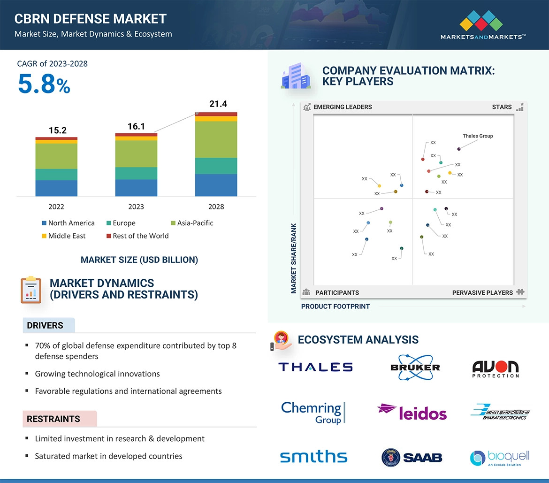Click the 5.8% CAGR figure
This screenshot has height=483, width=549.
pyautogui.click(x=44, y=85)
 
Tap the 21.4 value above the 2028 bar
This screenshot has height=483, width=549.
pyautogui.click(x=218, y=104)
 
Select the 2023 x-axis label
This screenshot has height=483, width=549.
pyautogui.click(x=136, y=207)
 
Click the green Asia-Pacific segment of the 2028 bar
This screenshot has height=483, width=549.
pyautogui.click(x=216, y=139)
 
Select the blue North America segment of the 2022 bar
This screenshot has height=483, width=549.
pyautogui.click(x=56, y=188)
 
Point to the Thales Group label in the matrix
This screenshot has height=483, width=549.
pyautogui.click(x=478, y=136)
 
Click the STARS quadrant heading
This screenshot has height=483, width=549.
pyautogui.click(x=502, y=107)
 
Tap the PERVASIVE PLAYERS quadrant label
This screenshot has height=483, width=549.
pyautogui.click(x=482, y=292)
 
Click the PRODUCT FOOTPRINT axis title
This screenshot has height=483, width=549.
pyautogui.click(x=335, y=307)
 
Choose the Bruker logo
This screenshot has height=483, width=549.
pyautogui.click(x=415, y=367)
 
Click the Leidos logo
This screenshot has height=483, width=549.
pyautogui.click(x=412, y=412)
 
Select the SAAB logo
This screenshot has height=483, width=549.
pyautogui.click(x=412, y=457)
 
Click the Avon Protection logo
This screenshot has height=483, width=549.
pyautogui.click(x=496, y=368)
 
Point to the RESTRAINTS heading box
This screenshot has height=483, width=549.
pyautogui.click(x=60, y=419)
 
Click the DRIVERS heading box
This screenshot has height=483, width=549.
pyautogui.click(x=49, y=325)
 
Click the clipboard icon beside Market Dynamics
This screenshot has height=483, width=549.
pyautogui.click(x=31, y=290)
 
